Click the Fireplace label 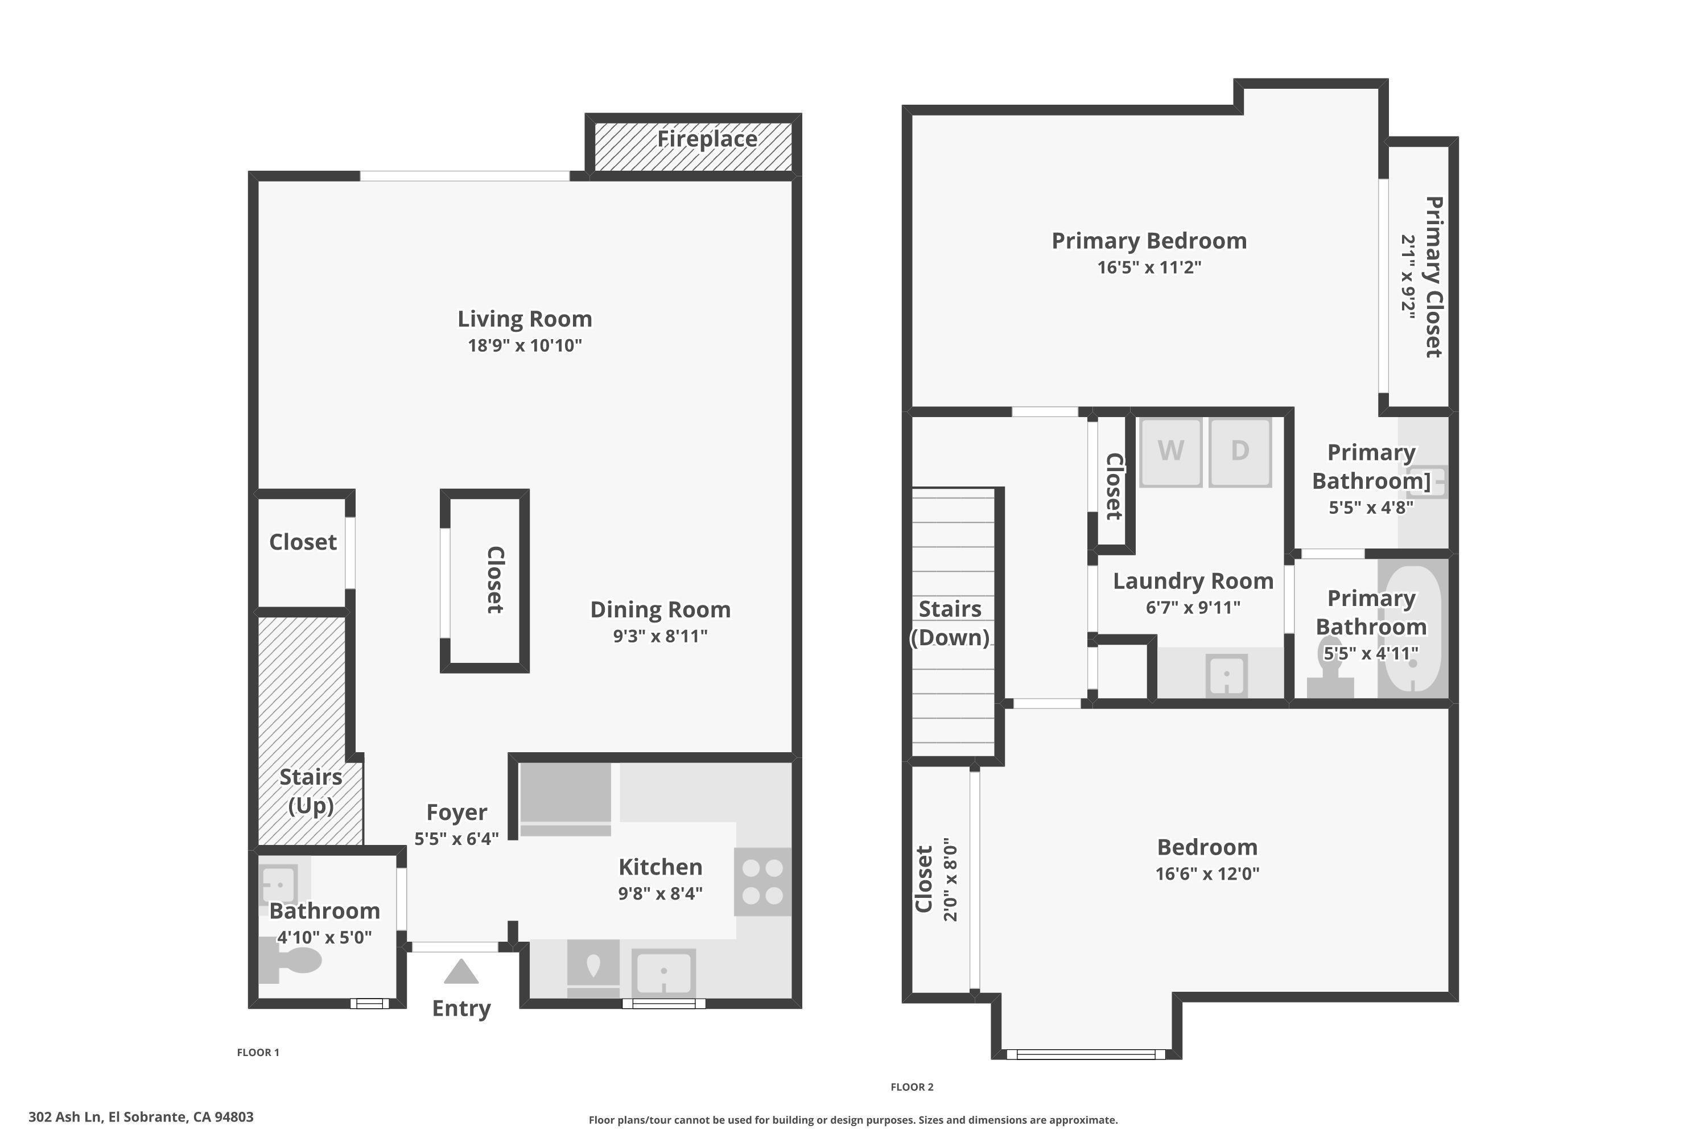[x=707, y=139]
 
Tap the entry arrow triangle [x=461, y=973]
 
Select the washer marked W [x=1170, y=451]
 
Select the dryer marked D [x=1240, y=451]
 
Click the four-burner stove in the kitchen [x=762, y=882]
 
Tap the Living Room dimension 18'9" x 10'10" [x=525, y=345]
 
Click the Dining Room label [x=659, y=609]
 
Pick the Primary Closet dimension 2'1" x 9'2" [x=1408, y=277]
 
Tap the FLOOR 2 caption [x=912, y=1086]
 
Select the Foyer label [x=456, y=812]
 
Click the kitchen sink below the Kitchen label [x=663, y=971]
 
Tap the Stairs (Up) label [x=311, y=791]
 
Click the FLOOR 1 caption [x=258, y=1052]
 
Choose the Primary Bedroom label [x=1149, y=241]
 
